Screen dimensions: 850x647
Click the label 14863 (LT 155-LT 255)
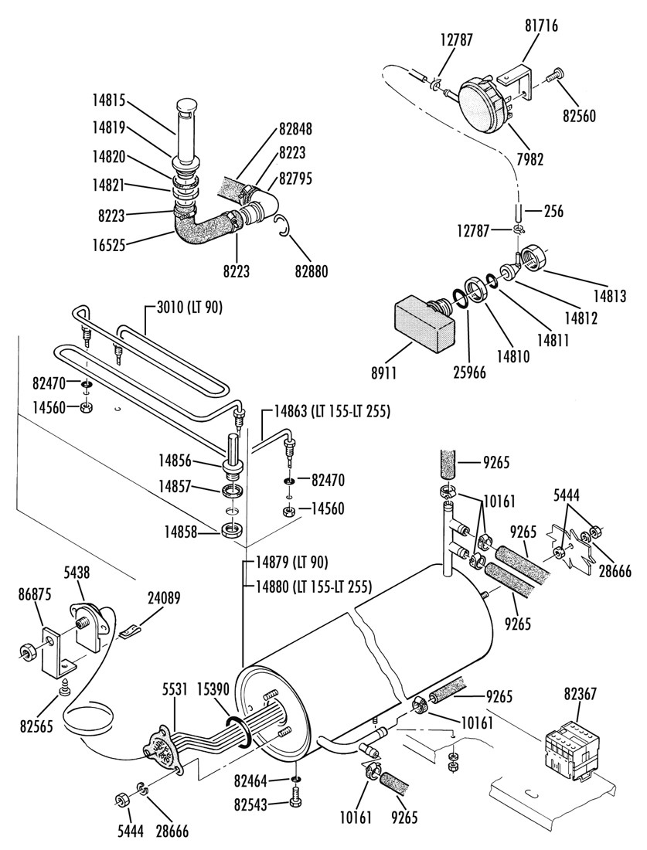pos(332,411)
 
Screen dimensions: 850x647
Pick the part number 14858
pos(179,532)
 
